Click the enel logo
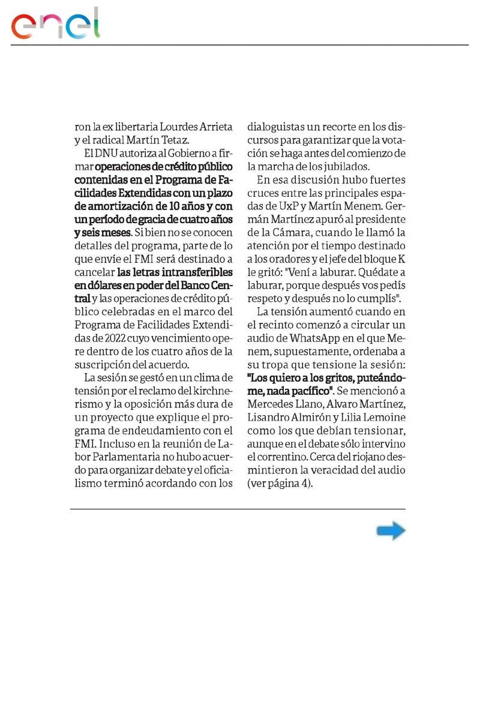[55, 25]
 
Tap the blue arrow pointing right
[391, 531]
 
